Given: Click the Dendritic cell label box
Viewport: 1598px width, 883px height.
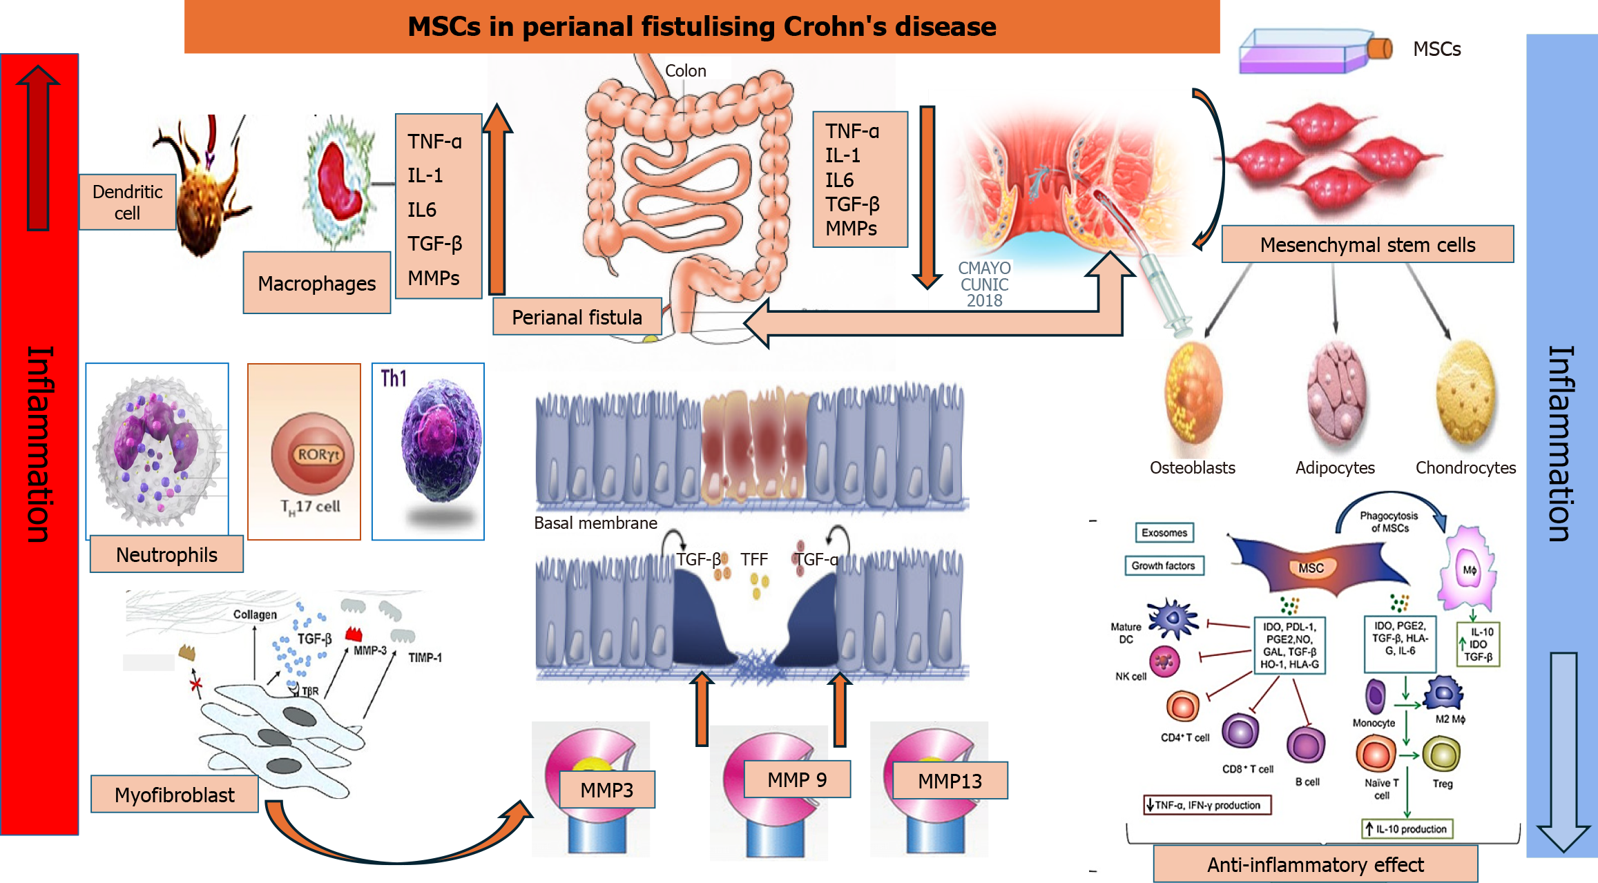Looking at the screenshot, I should pos(128,202).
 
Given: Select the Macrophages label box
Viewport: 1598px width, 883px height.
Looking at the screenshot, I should pos(317,283).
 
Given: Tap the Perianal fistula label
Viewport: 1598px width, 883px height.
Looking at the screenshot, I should pos(577,317).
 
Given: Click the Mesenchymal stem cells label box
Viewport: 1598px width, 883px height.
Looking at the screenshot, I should pos(1367,244).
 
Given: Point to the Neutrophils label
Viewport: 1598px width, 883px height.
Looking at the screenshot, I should pos(166,554).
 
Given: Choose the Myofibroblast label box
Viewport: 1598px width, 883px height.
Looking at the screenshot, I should pos(175,795).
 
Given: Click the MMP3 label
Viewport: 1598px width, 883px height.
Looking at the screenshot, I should pos(607,790).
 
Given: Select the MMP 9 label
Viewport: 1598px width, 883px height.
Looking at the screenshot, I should pos(797,779).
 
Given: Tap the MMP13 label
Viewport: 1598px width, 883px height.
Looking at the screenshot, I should pos(950,781).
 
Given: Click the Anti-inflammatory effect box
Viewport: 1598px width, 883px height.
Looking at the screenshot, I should pos(1315,864).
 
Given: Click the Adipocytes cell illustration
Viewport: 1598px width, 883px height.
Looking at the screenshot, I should pos(1336,396).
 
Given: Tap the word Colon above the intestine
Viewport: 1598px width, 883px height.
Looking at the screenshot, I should pos(685,70).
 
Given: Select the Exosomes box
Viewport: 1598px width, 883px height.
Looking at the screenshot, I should pos(1164,532).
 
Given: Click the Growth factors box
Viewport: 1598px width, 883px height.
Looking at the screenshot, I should pos(1164,565).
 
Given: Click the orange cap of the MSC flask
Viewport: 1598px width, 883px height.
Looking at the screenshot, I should pos(1380,49).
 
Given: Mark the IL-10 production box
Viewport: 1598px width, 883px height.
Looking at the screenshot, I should pos(1407,828).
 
